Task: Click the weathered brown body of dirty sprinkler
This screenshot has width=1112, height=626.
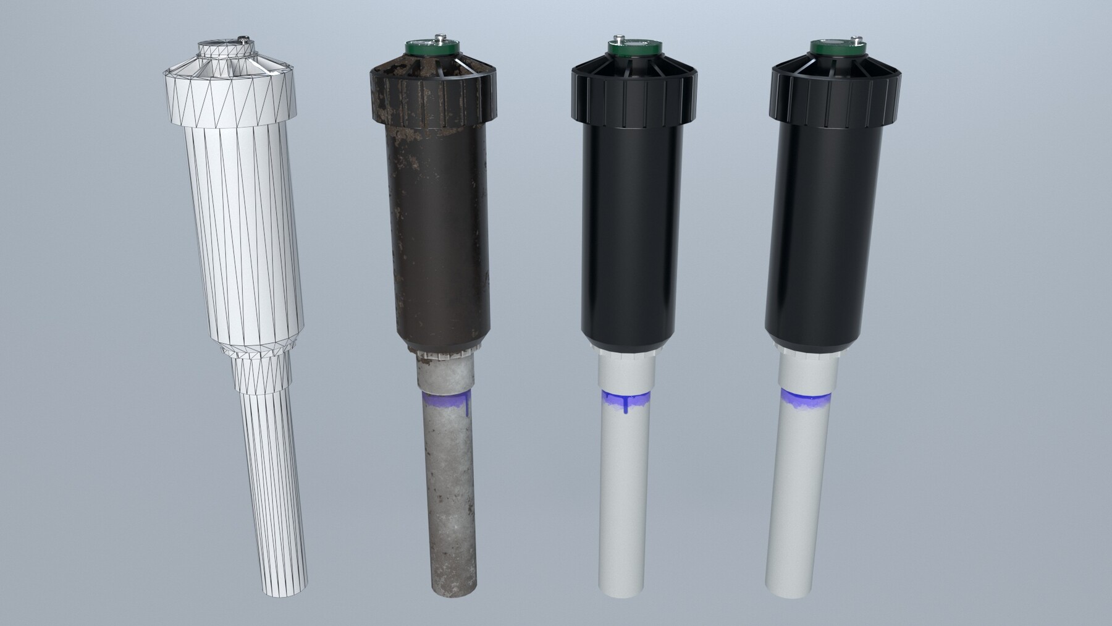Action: [x=439, y=235]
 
